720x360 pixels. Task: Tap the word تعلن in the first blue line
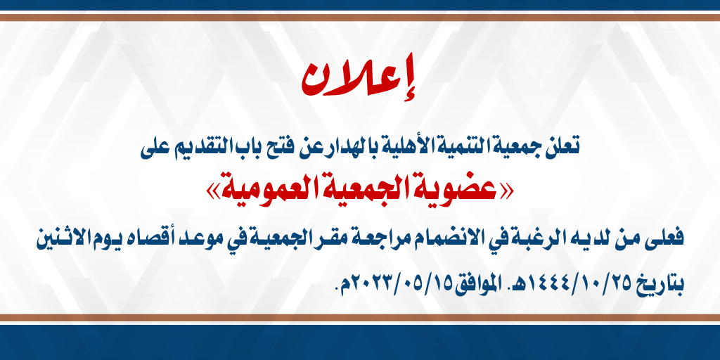pyautogui.click(x=563, y=146)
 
